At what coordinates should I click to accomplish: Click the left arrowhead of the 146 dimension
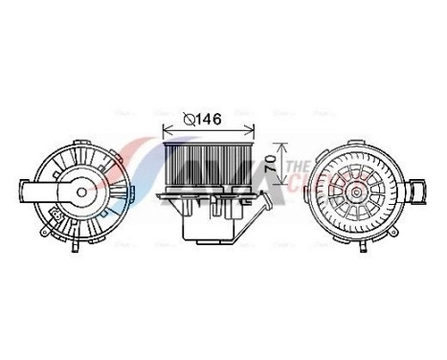[x=166, y=130]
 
